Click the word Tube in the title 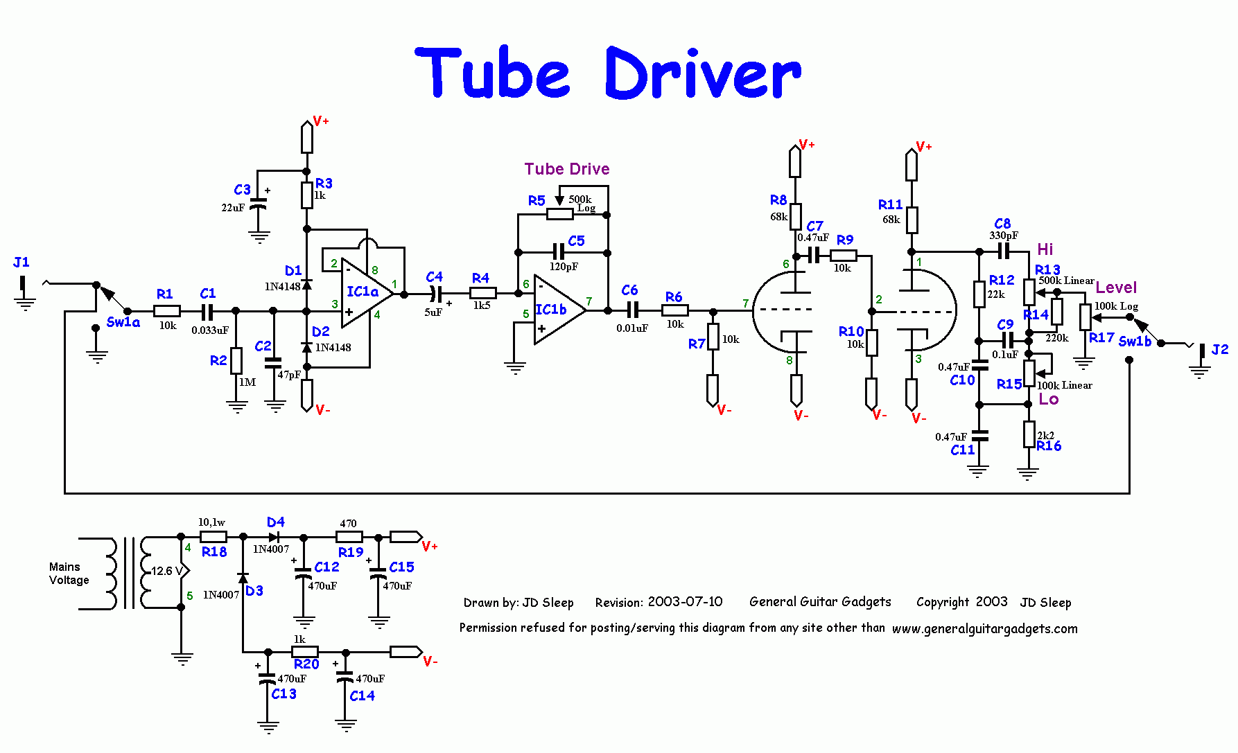[492, 73]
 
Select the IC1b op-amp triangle [559, 310]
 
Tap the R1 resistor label [164, 294]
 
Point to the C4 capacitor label [434, 277]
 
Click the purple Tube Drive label [567, 169]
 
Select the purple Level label [1116, 287]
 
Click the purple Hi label [1045, 249]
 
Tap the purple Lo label [1049, 399]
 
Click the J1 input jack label [21, 262]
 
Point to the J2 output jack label [1220, 350]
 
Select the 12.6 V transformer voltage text [167, 571]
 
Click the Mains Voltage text [69, 574]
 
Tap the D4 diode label [276, 522]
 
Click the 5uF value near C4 [433, 312]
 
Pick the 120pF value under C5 [564, 267]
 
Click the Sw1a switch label [123, 322]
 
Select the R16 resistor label [1049, 446]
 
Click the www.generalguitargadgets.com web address [985, 629]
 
